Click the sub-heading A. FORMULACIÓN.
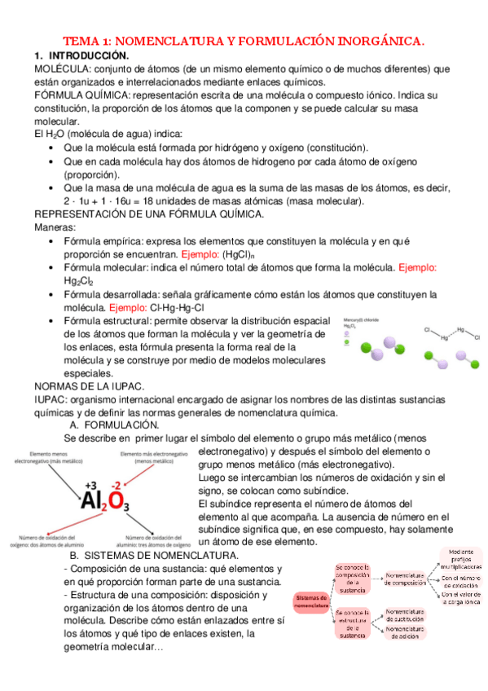(114, 425)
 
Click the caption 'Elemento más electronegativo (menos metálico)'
(152, 457)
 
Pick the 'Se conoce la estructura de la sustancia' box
(352, 623)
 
